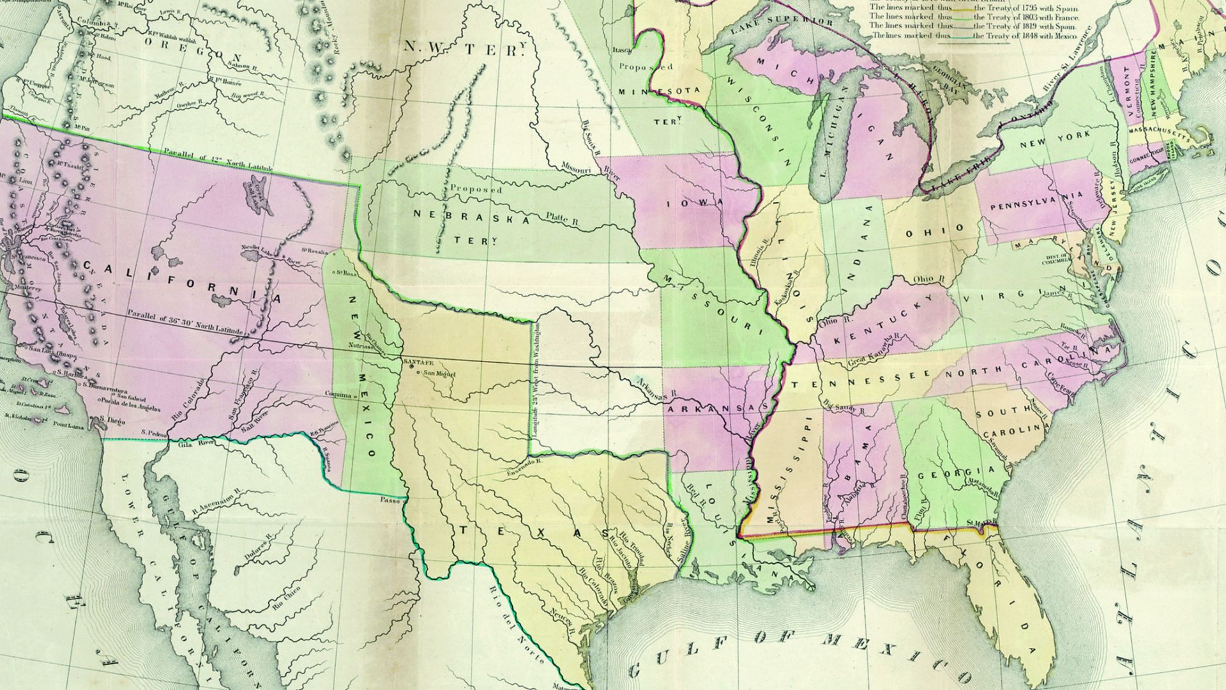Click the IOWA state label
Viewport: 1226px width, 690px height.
pos(695,203)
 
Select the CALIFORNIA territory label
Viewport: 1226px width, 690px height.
pos(182,283)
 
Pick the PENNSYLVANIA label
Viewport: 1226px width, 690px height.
pos(1037,203)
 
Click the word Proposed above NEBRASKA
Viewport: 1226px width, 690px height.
pos(476,189)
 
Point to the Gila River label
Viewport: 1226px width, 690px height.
pos(199,441)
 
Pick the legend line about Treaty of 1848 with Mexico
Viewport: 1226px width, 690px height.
pos(974,36)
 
